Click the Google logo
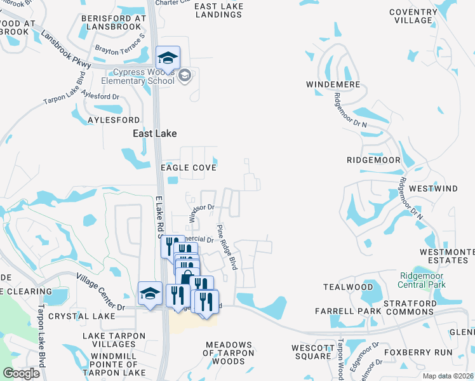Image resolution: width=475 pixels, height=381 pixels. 21,373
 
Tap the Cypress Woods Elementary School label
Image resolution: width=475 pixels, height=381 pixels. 144,77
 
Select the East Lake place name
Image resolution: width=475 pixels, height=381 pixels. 154,133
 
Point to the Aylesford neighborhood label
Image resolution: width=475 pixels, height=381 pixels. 113,120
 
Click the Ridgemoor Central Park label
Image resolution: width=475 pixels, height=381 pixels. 422,280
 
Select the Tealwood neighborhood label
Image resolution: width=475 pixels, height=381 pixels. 347,287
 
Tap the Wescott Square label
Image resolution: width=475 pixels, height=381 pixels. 312,352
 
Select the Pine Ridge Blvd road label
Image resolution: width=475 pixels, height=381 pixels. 227,248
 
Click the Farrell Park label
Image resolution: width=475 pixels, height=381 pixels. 348,311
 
